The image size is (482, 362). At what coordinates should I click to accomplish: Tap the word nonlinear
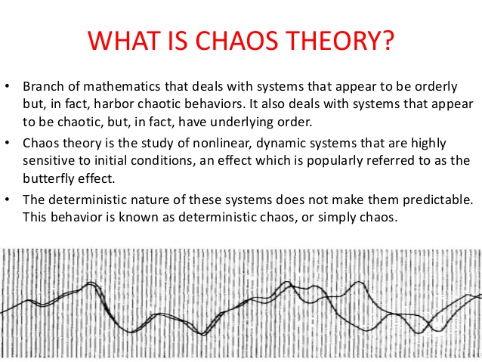209,143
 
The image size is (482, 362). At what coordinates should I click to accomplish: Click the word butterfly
46,178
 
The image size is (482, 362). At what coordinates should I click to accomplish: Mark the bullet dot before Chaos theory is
8,143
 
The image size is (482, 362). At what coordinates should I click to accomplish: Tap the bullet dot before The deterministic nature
8,200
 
